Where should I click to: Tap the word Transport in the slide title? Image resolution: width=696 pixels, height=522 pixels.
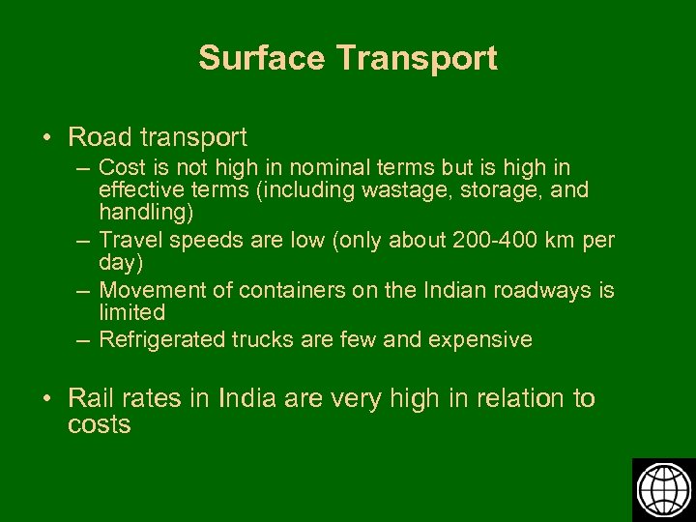point(418,58)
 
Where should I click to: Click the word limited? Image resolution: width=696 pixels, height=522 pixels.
point(131,312)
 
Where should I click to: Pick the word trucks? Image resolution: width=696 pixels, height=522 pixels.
point(263,339)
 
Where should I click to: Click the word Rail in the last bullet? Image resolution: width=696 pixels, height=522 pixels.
point(90,398)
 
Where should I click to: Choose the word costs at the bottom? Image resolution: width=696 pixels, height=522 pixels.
point(99,424)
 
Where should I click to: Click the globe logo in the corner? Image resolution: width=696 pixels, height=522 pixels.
point(663,489)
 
